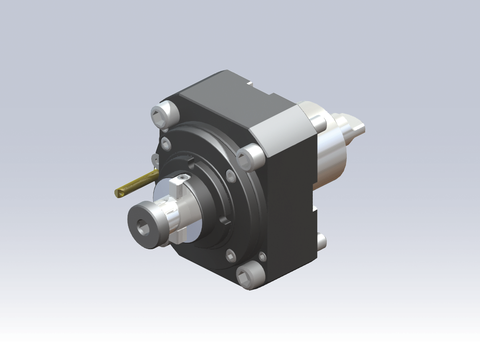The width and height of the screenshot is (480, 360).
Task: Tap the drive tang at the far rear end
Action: point(356,129)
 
